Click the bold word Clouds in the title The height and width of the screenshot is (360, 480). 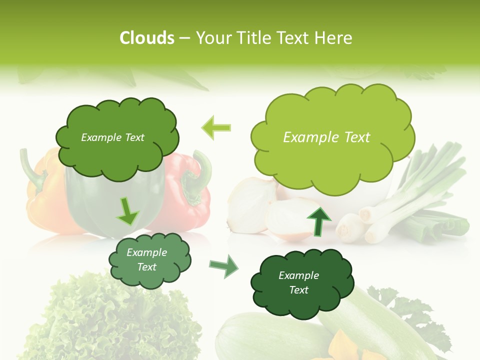click(147, 37)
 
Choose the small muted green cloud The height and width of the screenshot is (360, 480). click(149, 260)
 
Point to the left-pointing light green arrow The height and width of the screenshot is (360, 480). click(216, 127)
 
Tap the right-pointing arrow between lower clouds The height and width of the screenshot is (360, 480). click(223, 266)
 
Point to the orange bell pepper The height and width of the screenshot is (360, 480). click(45, 200)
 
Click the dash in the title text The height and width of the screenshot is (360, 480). click(184, 38)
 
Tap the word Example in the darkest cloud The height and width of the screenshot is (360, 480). click(298, 275)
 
